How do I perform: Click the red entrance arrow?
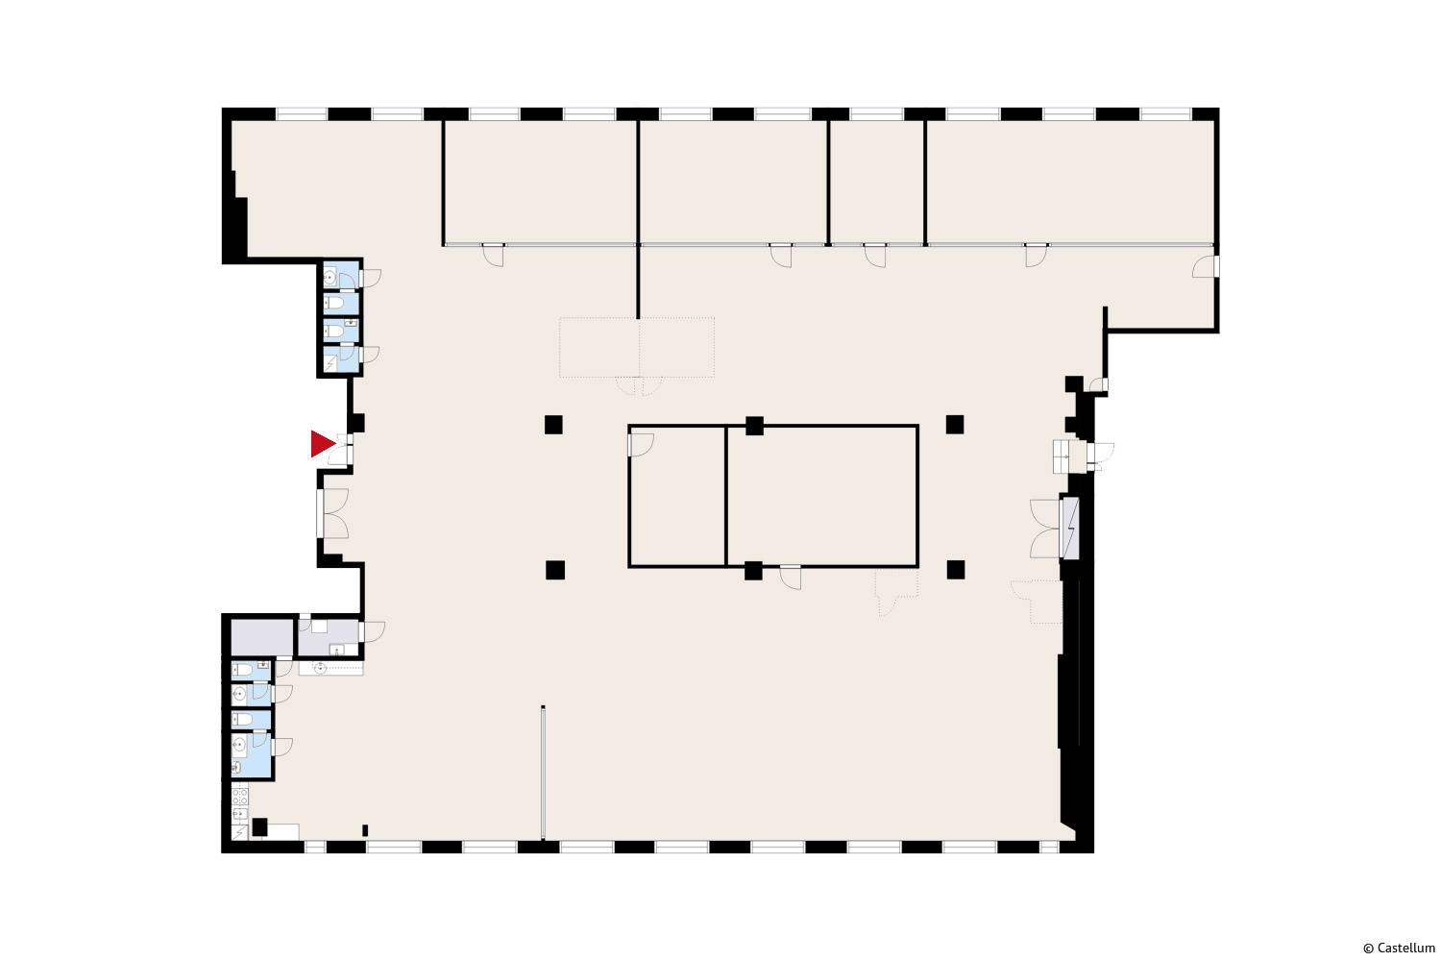tap(322, 443)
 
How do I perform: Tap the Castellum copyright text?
tap(1399, 949)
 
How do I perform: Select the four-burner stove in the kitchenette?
tap(240, 797)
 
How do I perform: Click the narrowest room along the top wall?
tap(877, 183)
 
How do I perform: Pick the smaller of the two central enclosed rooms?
tap(676, 496)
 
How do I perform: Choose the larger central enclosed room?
tap(822, 496)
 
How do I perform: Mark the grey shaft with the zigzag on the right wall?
tap(1070, 528)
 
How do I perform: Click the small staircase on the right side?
tap(1062, 456)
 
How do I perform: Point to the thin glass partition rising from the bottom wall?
tap(543, 773)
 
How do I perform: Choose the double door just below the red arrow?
tap(333, 513)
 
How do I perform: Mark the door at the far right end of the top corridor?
tap(1206, 267)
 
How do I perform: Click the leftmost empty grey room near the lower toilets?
tap(262, 636)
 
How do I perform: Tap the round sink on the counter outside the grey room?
tap(320, 669)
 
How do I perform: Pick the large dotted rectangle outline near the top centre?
tap(637, 347)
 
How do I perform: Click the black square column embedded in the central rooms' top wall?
tap(754, 426)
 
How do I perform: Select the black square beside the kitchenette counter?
tap(259, 827)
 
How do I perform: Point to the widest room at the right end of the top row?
tap(1070, 183)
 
